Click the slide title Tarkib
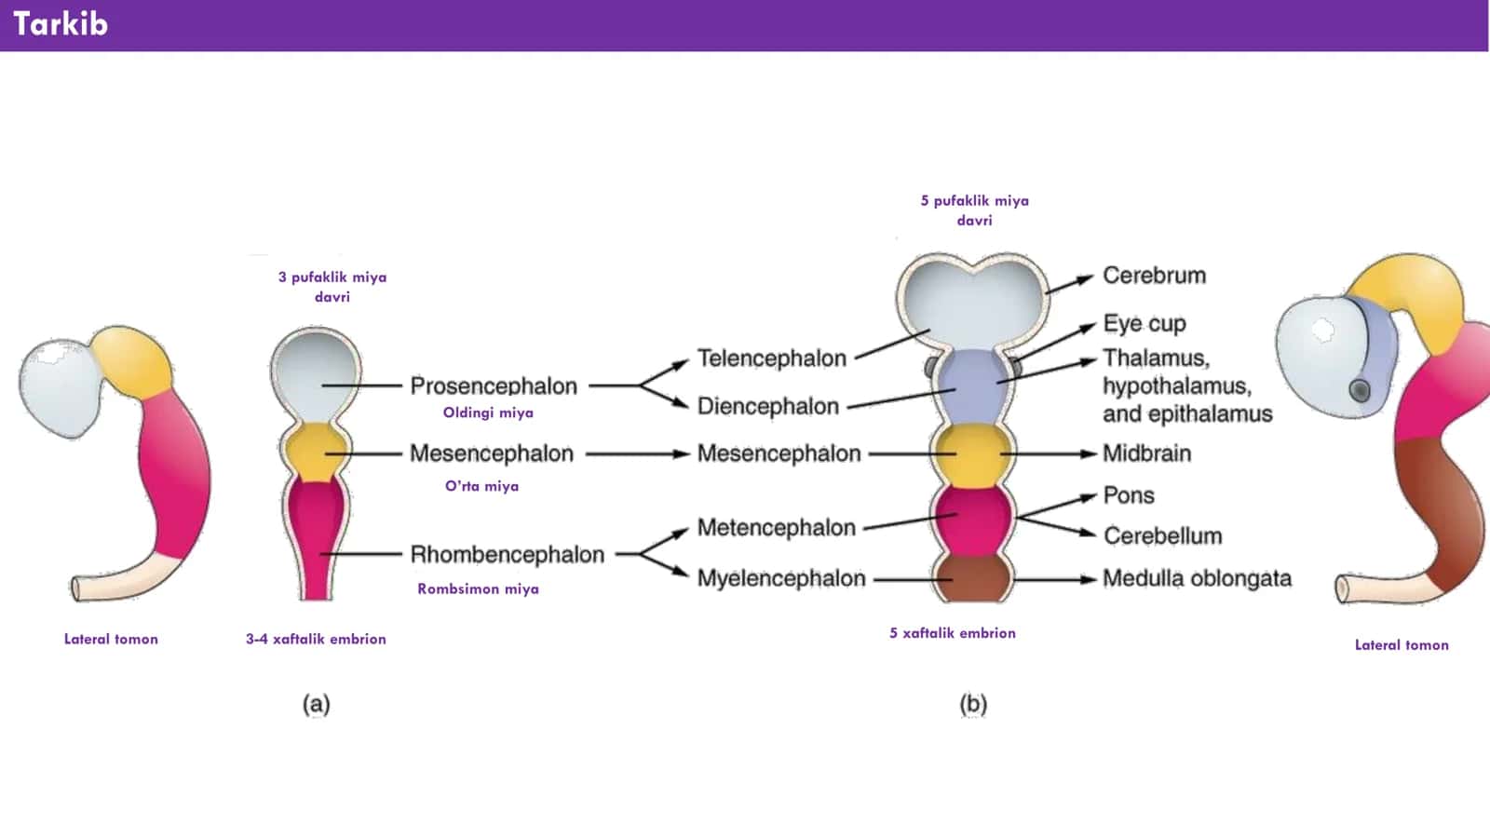point(61,24)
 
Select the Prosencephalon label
point(494,385)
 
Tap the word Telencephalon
point(772,358)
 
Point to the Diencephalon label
point(767,406)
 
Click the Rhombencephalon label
point(507,554)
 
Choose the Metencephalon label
point(777,527)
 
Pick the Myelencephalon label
point(781,578)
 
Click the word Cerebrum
point(1154,276)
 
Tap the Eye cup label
point(1145,324)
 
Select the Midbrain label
point(1146,453)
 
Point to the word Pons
point(1129,495)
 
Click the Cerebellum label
point(1163,535)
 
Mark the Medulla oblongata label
point(1198,578)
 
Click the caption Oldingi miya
point(488,413)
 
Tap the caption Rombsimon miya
point(478,589)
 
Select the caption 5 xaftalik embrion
point(953,633)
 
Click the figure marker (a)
point(316,704)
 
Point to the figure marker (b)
point(972,704)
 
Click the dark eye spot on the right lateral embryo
point(1359,390)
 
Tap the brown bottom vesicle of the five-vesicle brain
point(972,577)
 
